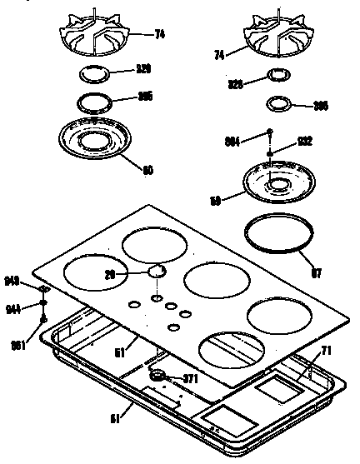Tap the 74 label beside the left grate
tap(160, 34)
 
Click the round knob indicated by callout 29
tap(157, 271)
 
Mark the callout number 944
tap(13, 308)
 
